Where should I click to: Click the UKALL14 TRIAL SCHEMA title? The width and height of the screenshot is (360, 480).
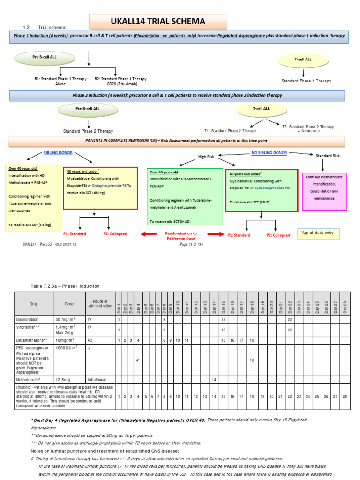[158, 22]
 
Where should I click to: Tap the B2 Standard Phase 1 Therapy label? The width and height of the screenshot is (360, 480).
[120, 81]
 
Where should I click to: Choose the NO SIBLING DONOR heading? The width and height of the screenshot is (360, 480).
[269, 153]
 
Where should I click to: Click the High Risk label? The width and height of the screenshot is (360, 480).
[209, 156]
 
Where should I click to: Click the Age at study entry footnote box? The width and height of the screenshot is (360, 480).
[320, 234]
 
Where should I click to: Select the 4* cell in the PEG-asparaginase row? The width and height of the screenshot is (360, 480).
[138, 360]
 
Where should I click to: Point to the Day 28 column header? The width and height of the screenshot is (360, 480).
[345, 307]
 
